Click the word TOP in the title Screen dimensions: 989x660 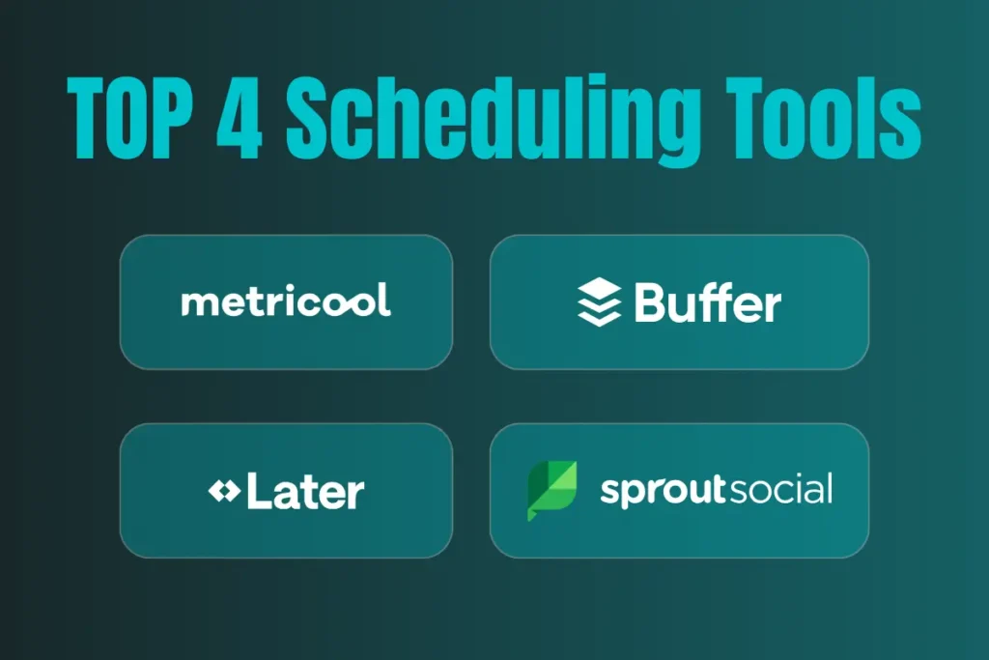[x=129, y=118]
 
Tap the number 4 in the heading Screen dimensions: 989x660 [x=240, y=118]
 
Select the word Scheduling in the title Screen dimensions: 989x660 [x=493, y=121]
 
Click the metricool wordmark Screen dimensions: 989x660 [x=286, y=300]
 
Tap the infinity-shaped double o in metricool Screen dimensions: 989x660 [x=347, y=303]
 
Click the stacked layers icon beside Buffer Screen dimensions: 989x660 [x=599, y=301]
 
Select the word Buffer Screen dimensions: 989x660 [x=708, y=301]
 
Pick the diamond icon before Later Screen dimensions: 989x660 [x=224, y=490]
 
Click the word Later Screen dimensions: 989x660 [x=305, y=490]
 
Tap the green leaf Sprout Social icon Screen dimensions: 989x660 [x=551, y=491]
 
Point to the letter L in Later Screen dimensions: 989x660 [x=260, y=490]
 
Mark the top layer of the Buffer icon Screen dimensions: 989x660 [x=599, y=288]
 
